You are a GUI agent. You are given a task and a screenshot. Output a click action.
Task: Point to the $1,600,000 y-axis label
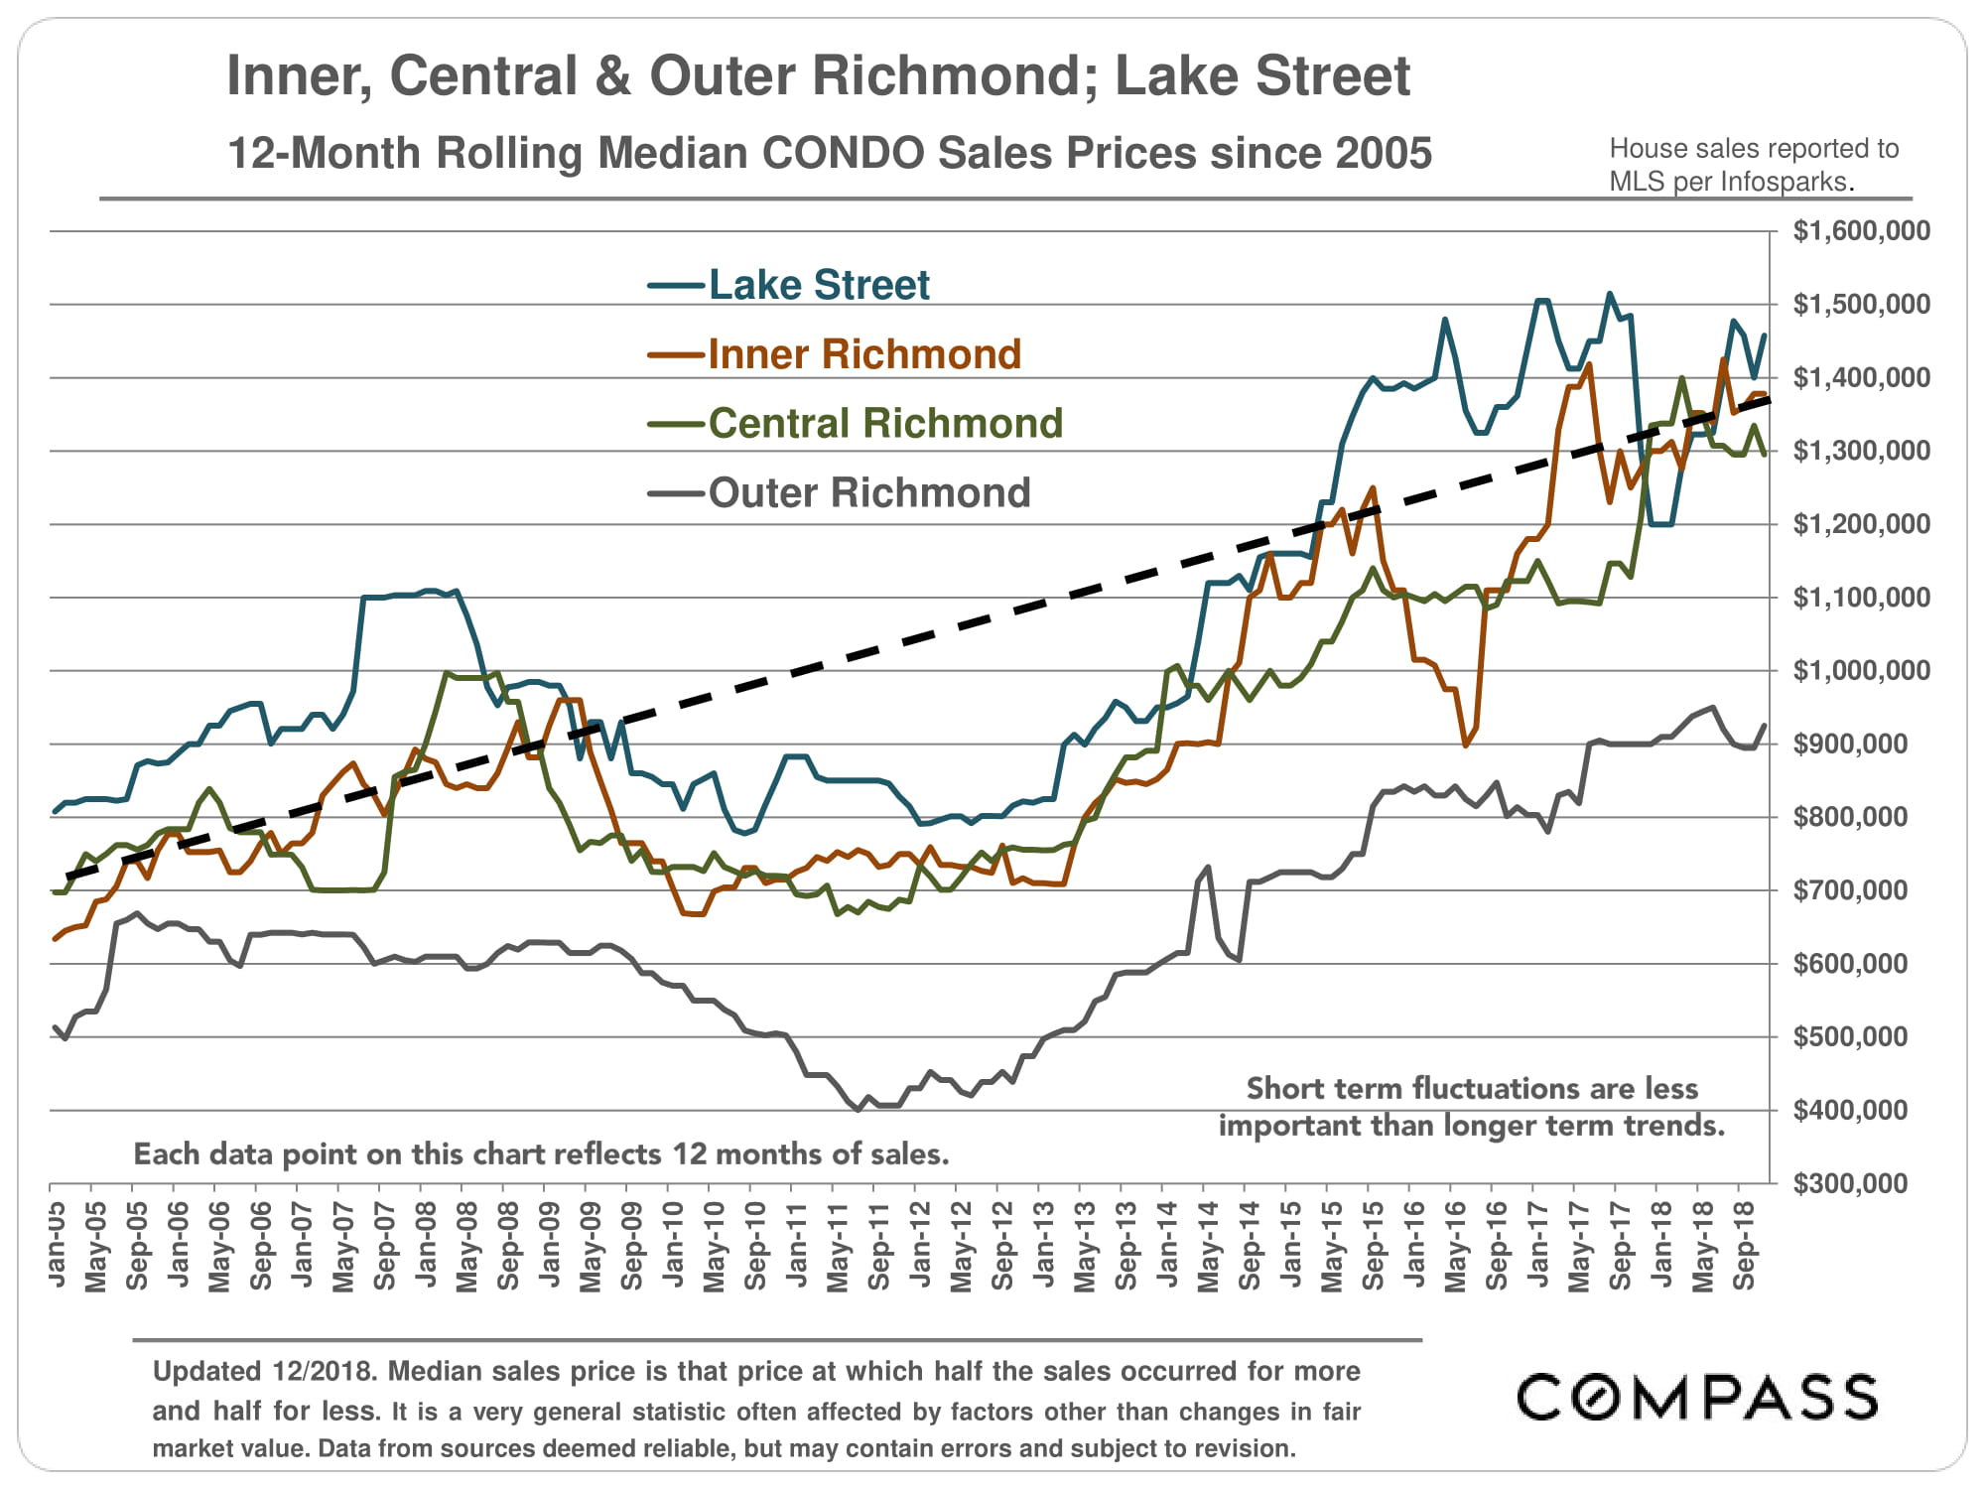tap(1861, 231)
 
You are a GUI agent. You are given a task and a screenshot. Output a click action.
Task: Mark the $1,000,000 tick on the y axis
tap(1861, 671)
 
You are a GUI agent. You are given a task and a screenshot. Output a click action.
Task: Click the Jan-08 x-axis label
tap(426, 1245)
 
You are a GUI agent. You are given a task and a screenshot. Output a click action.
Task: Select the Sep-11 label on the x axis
tap(879, 1245)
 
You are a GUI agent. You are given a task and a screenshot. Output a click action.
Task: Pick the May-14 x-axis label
tap(1209, 1245)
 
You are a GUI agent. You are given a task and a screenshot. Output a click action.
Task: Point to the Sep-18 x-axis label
tap(1745, 1245)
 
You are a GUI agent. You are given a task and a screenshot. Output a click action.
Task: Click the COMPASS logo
tap(1696, 1397)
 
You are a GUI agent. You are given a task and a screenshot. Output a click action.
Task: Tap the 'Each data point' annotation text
tap(541, 1154)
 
